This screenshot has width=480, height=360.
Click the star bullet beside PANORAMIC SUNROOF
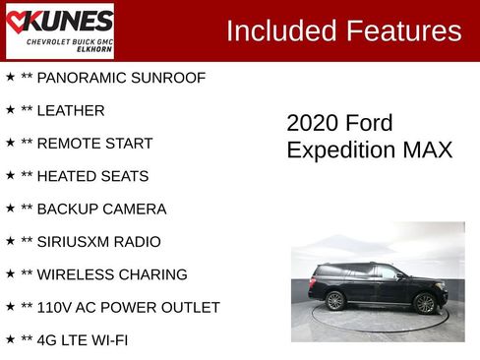[x=10, y=77]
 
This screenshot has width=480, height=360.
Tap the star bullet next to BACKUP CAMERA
[x=10, y=209]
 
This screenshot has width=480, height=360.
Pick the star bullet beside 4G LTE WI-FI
[x=10, y=340]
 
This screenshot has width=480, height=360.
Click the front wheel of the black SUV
[x=425, y=303]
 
